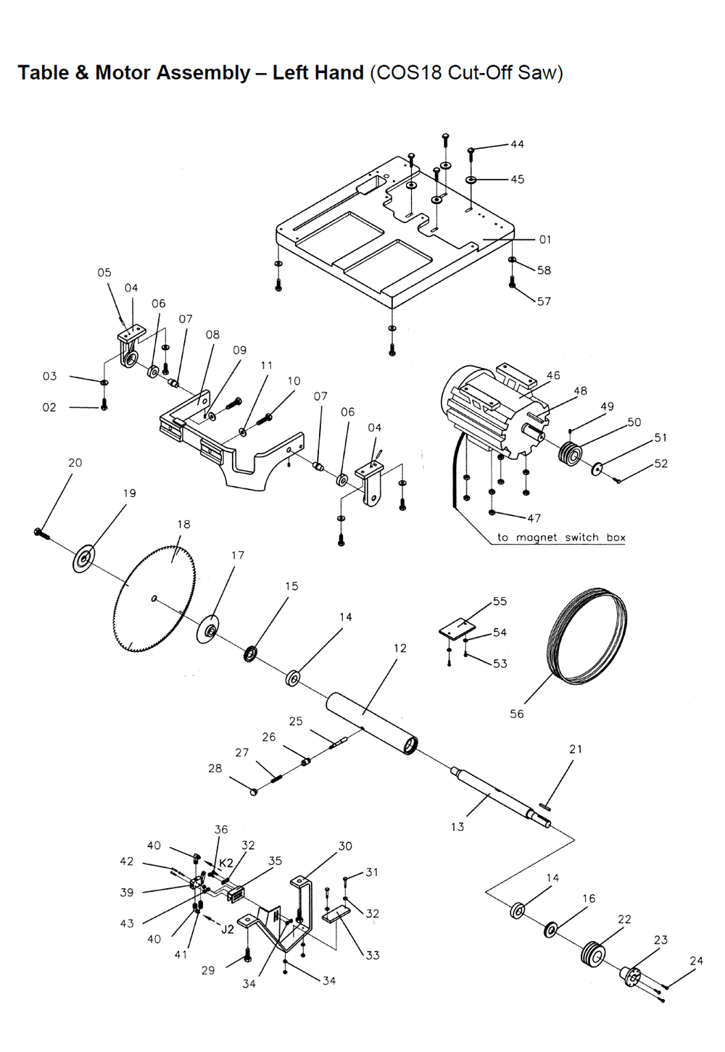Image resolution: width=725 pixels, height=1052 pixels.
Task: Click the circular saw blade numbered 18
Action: tap(154, 600)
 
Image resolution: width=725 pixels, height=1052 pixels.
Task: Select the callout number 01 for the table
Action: tap(544, 240)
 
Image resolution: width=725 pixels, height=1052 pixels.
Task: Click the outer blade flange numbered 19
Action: tap(84, 559)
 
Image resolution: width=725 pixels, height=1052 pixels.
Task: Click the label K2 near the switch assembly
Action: tap(226, 863)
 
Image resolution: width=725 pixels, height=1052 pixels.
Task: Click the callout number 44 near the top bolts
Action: tap(518, 144)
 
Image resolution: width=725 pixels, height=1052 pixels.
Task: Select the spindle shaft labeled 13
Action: tap(501, 798)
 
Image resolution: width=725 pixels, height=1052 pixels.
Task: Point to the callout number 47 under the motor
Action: tap(534, 518)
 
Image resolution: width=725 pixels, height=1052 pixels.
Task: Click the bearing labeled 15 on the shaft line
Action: tap(252, 654)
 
